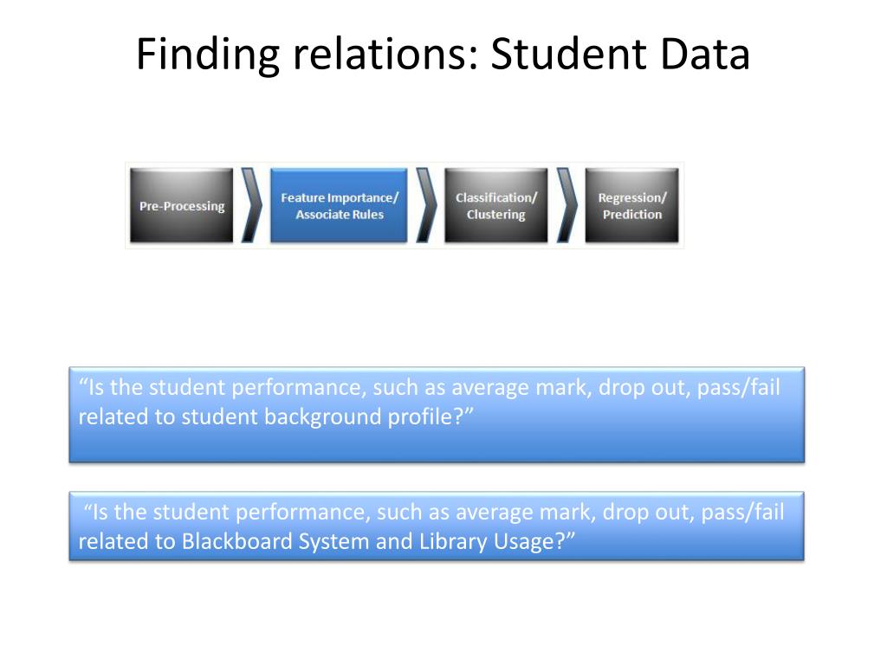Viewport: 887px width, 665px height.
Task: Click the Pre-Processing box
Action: [x=182, y=206]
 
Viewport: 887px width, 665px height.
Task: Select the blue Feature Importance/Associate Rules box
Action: [x=339, y=206]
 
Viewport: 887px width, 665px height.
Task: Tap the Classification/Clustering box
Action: [x=495, y=206]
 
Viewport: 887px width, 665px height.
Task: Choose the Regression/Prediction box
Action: [x=631, y=206]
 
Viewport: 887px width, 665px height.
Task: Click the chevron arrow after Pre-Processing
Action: [x=251, y=206]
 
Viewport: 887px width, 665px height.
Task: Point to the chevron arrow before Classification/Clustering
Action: [x=425, y=206]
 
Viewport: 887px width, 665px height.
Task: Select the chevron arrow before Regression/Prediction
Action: [x=567, y=206]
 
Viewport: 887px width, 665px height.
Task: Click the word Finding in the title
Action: [x=208, y=55]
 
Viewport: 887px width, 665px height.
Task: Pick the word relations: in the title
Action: [x=385, y=55]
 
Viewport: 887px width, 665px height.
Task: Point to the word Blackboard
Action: [x=236, y=542]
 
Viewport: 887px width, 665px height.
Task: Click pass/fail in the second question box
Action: [x=742, y=513]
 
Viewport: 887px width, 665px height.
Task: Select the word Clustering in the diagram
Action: [x=495, y=215]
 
